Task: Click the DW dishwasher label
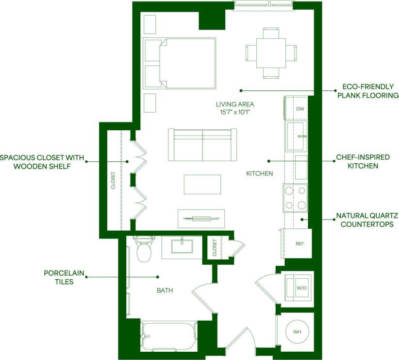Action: (x=299, y=109)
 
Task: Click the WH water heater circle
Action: (x=297, y=332)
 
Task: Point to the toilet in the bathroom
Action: (x=144, y=250)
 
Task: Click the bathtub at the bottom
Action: (x=168, y=336)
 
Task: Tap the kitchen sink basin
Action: (x=297, y=137)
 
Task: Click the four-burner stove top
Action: (x=296, y=198)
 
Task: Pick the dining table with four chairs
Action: (x=271, y=52)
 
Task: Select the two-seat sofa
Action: (x=202, y=145)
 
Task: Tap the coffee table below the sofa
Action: (x=202, y=184)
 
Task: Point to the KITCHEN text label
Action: (x=259, y=173)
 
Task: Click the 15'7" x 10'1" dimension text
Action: (x=235, y=112)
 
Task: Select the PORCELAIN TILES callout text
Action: (x=58, y=277)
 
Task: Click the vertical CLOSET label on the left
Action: (x=113, y=180)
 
